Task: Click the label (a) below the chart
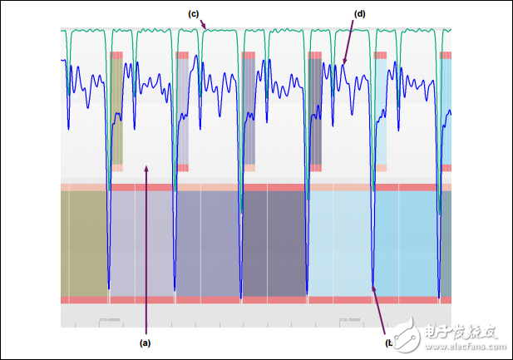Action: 145,342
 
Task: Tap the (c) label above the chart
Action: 194,13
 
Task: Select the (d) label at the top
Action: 359,14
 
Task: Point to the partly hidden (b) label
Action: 389,342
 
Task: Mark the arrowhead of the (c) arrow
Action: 206,28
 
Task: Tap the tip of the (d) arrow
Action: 343,64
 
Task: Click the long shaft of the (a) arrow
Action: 146,249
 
